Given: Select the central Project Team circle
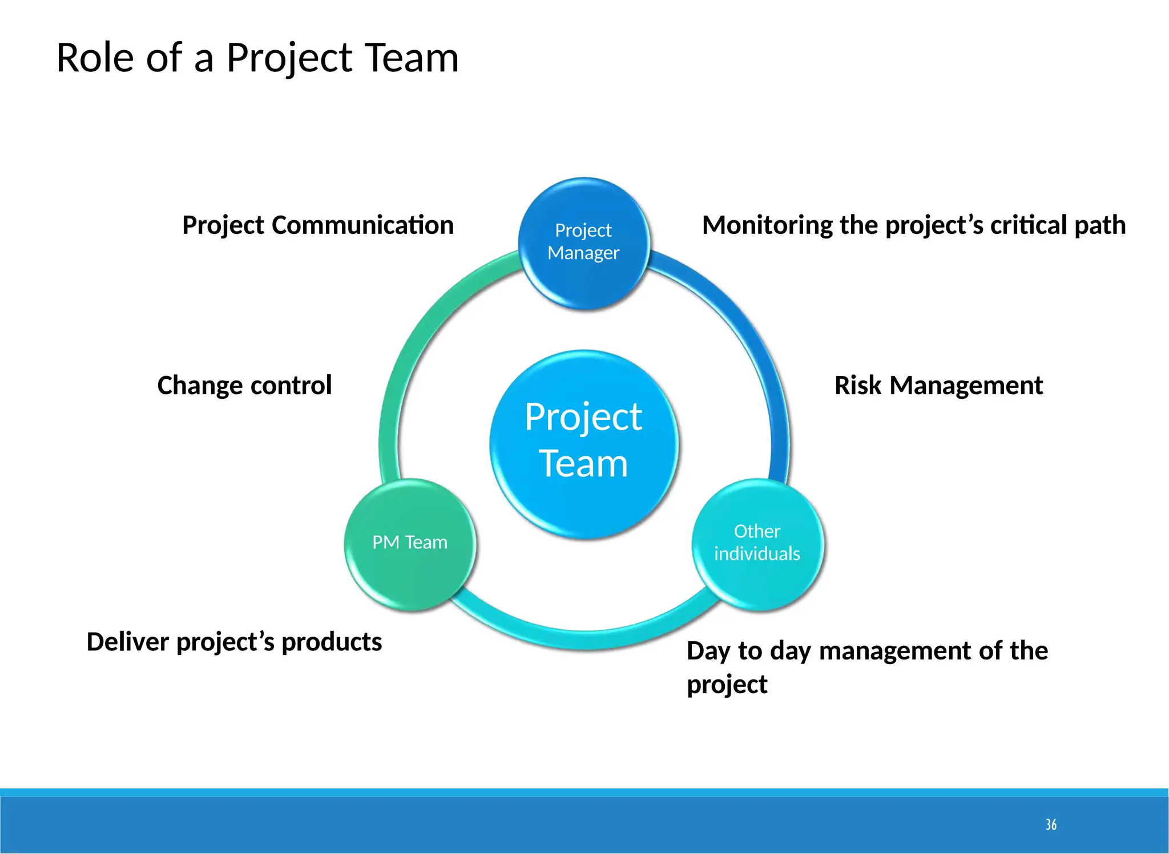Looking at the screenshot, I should [583, 442].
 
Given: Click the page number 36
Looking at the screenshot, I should [1051, 824].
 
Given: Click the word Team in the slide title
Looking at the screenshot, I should [412, 58].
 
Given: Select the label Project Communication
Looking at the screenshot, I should [318, 225].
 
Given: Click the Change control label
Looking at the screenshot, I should [244, 385].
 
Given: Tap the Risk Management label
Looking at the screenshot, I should [938, 385].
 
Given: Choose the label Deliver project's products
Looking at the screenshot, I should [234, 642].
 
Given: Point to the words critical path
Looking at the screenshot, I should [1058, 225].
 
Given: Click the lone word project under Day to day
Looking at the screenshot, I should [727, 684].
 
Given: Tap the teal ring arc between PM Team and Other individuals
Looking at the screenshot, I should [583, 639].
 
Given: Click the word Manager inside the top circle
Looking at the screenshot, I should [583, 253].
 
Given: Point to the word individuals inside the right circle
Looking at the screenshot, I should [757, 553].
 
